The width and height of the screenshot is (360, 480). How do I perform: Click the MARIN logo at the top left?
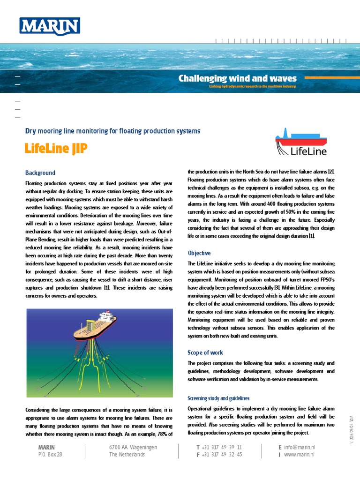pos(49,26)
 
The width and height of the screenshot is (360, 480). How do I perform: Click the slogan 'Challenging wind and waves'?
pos(237,78)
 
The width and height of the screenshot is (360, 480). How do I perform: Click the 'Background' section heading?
pos(40,173)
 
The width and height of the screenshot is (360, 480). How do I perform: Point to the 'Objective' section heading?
pos(199,253)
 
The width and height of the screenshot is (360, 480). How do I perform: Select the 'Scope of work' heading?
pos(205,352)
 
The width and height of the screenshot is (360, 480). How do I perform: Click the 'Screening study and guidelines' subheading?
pos(215,398)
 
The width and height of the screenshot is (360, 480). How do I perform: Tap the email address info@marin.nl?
pos(300,448)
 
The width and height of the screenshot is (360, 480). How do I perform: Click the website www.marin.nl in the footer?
pos(299,455)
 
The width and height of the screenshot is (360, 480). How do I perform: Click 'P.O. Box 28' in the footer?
pos(50,455)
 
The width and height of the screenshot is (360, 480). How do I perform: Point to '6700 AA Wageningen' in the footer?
pos(133,448)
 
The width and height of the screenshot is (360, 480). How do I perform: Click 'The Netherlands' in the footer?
pos(127,455)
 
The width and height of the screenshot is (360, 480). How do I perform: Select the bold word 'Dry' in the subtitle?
pos(30,131)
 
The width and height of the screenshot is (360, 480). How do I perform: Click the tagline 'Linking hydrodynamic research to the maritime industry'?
pos(252,87)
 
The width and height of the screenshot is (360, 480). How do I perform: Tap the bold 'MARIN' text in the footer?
pos(46,448)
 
